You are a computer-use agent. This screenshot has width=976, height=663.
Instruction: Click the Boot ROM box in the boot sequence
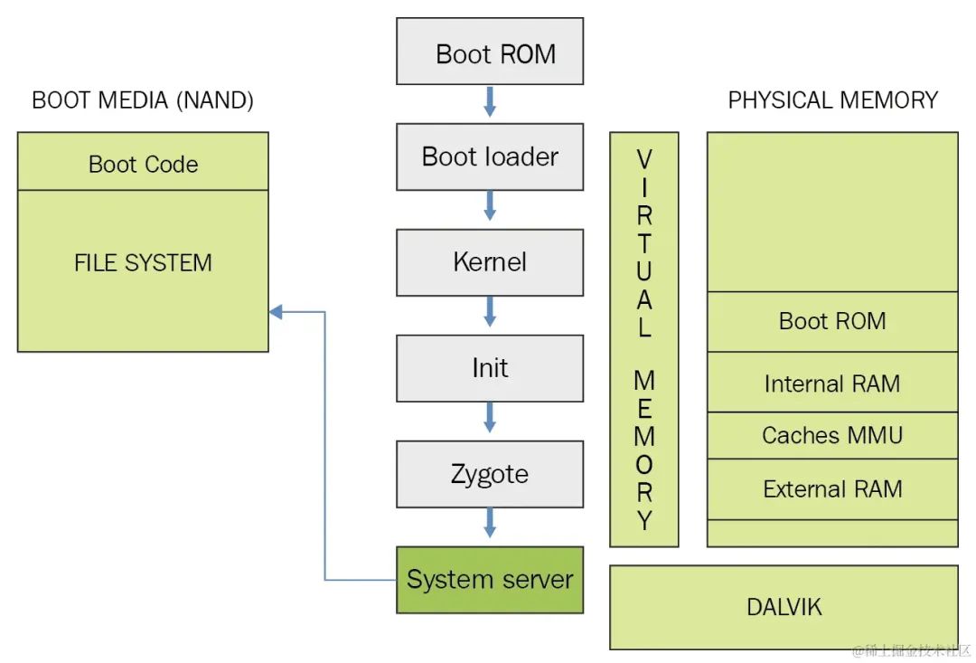tap(490, 52)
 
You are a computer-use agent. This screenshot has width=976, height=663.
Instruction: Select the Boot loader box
tap(490, 157)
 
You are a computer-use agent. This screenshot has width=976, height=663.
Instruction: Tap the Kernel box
tap(490, 262)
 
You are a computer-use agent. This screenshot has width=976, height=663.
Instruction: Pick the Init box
tap(490, 368)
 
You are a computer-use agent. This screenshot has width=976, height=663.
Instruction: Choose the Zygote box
tap(490, 474)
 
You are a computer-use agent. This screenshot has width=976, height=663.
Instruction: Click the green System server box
tap(490, 580)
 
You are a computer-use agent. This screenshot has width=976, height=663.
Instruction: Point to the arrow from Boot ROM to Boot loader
tap(490, 100)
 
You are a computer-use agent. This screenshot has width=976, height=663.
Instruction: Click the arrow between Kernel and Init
tap(490, 311)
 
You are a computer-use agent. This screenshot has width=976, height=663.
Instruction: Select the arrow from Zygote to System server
tap(490, 522)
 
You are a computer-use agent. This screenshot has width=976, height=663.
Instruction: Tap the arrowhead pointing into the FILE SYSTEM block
tap(276, 312)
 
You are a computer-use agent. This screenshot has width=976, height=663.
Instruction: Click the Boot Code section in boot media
tap(143, 164)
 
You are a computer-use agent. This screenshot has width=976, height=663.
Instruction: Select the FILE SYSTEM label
tap(143, 263)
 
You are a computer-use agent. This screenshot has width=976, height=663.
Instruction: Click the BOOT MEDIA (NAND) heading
tap(143, 100)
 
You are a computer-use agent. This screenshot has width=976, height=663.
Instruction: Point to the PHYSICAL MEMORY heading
tap(832, 100)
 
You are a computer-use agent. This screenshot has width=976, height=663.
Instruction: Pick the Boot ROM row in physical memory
tap(832, 321)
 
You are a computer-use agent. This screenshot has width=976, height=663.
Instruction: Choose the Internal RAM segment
tap(832, 384)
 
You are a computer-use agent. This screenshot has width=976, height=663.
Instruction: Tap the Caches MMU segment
tap(832, 435)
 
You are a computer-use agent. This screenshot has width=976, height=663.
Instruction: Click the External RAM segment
tap(832, 489)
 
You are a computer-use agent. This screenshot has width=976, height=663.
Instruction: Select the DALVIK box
tap(784, 607)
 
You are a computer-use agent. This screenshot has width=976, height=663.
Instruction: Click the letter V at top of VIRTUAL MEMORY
tap(644, 160)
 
